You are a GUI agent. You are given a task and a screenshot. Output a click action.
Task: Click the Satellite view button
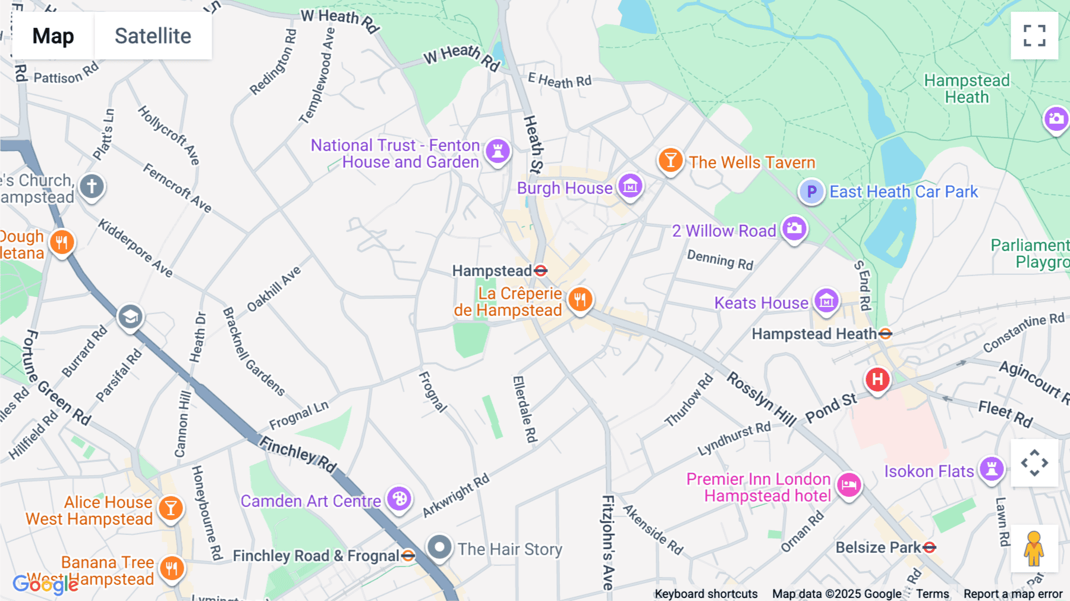[x=153, y=36]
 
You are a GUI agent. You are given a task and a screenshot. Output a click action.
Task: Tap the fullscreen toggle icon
[x=1034, y=36]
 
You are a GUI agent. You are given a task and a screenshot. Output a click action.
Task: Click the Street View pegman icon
[x=1034, y=549]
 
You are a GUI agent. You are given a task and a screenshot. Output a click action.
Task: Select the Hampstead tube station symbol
[x=540, y=271]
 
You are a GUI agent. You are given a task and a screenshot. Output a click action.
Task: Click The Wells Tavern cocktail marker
[x=670, y=160]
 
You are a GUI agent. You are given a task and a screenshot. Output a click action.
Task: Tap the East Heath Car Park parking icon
[x=811, y=192]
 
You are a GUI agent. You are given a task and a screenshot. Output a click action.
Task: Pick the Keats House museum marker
[x=826, y=301]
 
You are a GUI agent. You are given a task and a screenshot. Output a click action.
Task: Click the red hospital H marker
[x=877, y=379]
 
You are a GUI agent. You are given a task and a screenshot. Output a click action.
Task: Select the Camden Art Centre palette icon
[x=399, y=499]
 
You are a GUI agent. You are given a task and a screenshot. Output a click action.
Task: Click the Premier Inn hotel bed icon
[x=849, y=485]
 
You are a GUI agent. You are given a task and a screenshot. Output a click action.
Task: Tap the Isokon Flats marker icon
[x=992, y=469]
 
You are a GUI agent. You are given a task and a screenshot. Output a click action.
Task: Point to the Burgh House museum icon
[x=630, y=186]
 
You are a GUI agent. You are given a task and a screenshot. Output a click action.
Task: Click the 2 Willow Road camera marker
[x=794, y=228]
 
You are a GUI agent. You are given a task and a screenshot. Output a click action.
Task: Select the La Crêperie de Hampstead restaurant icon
[x=580, y=299]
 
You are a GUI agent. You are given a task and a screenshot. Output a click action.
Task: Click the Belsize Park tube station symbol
[x=930, y=547]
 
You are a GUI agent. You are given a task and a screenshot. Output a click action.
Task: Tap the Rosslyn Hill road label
[x=761, y=399]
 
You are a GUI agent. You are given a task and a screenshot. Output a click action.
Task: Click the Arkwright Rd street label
[x=456, y=495]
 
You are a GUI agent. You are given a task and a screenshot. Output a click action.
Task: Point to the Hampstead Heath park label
[x=967, y=89]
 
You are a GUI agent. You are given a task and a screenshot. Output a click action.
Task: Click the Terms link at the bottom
[x=932, y=594]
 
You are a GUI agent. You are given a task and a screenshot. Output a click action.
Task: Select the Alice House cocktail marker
[x=171, y=508]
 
